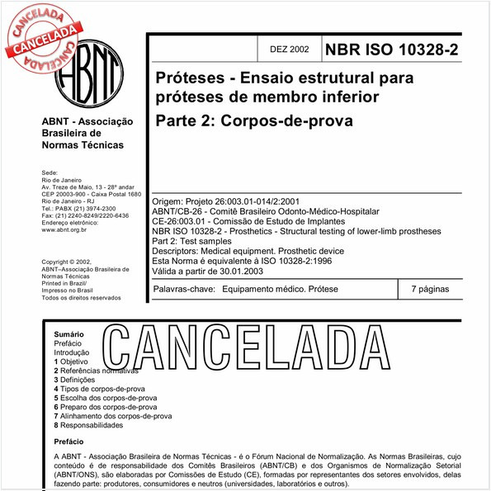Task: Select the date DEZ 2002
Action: pos(289,50)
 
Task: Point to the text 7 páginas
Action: pos(429,290)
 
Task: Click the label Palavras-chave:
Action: pos(185,290)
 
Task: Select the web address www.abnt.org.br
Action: pos(69,230)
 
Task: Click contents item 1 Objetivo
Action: pos(71,361)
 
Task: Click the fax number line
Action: pos(85,215)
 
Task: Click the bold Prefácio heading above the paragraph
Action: pos(69,442)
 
